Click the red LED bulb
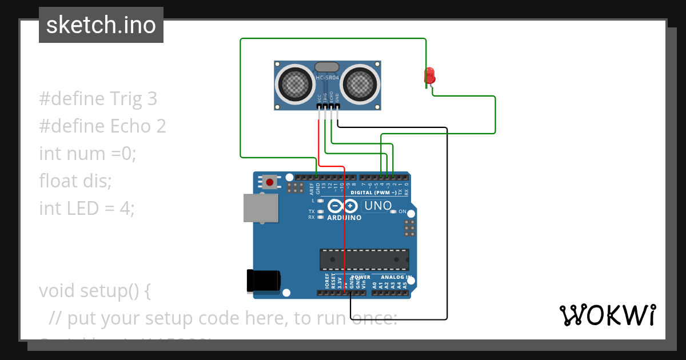pyautogui.click(x=429, y=75)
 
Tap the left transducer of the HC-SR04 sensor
pyautogui.click(x=295, y=84)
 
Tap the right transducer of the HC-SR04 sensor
pyautogui.click(x=361, y=84)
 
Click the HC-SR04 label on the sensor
pyautogui.click(x=328, y=77)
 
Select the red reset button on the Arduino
pyautogui.click(x=269, y=182)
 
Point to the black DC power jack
pyautogui.click(x=264, y=281)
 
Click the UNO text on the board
pyautogui.click(x=378, y=206)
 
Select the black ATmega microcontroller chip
pyautogui.click(x=364, y=259)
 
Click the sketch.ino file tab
pyautogui.click(x=101, y=25)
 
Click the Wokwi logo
pyautogui.click(x=607, y=315)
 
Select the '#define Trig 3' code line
pyautogui.click(x=98, y=99)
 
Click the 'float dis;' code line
pyautogui.click(x=75, y=181)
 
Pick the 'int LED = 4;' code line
pyautogui.click(x=87, y=209)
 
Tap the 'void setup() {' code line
pyautogui.click(x=95, y=291)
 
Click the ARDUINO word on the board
pyautogui.click(x=344, y=218)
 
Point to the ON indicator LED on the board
pyautogui.click(x=393, y=212)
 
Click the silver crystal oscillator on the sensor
pyautogui.click(x=327, y=67)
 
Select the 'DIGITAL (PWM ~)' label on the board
pyautogui.click(x=373, y=193)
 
